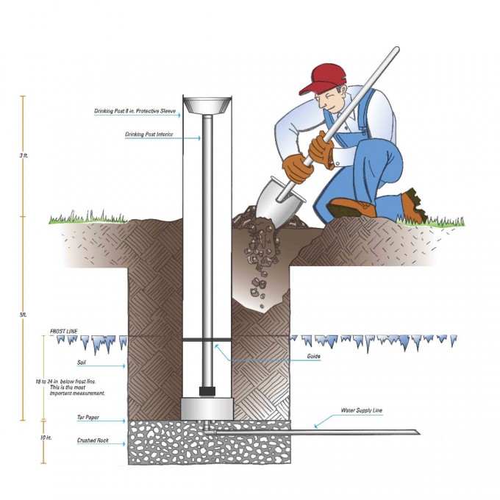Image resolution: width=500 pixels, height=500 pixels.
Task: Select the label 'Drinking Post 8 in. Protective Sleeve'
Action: pos(136,112)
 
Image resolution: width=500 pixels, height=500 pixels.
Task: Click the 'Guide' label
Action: pos(314,358)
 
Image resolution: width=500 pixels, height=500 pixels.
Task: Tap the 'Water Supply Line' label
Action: pos(362,410)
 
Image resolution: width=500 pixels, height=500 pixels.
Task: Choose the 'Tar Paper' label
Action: pos(88,417)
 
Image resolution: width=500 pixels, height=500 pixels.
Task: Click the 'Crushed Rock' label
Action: pos(93,440)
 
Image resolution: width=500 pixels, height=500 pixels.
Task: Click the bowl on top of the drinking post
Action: pos(207,104)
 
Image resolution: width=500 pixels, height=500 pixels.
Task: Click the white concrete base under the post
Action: pos(207,407)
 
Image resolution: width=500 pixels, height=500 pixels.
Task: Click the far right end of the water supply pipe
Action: pos(416,432)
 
